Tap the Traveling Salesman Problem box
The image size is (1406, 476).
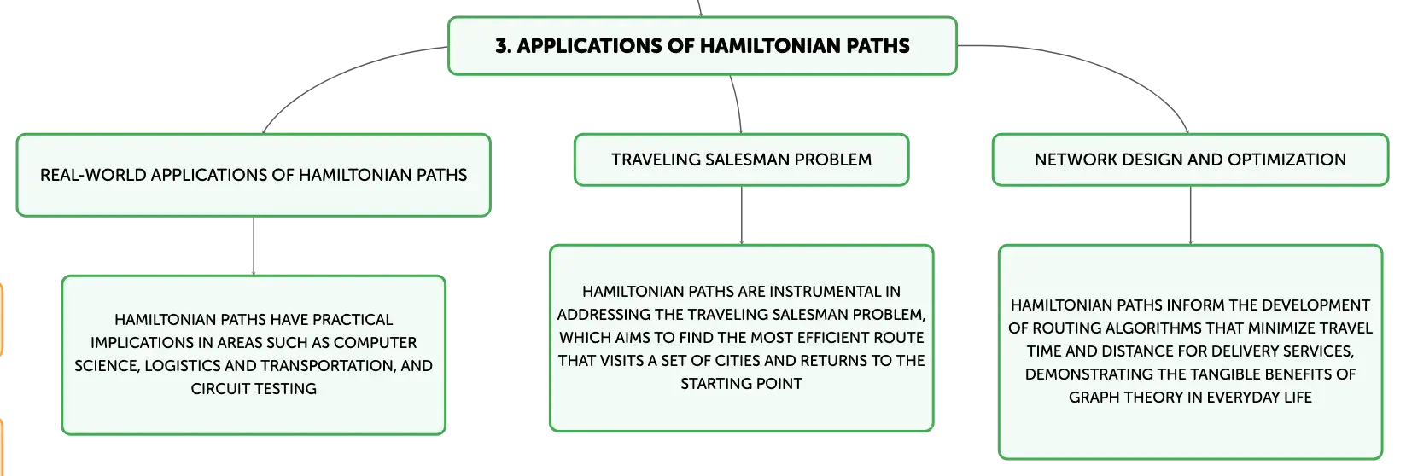tap(741, 160)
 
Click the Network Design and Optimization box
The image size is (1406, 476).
tap(1190, 160)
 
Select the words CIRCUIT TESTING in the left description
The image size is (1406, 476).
tap(254, 389)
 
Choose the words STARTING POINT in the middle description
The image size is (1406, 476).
tap(741, 384)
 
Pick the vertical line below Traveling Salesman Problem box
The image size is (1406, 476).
tap(741, 215)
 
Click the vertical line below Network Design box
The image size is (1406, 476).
tap(1190, 215)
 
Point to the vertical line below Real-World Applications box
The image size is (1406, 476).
tap(254, 246)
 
